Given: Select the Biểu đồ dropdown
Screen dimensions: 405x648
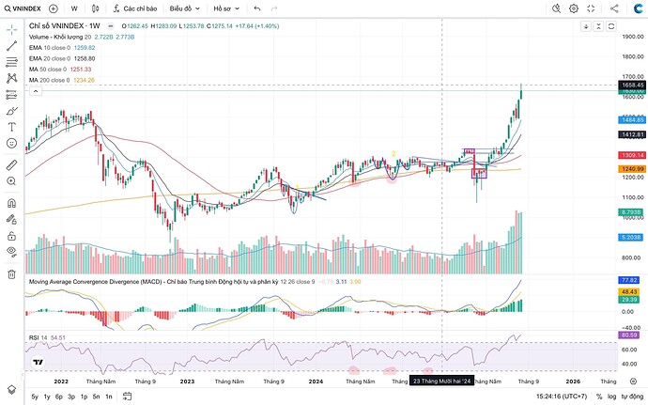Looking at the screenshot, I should pos(184,8).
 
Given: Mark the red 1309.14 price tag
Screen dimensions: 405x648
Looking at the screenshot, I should pos(630,154).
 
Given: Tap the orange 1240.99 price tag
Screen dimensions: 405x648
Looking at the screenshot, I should pos(630,168).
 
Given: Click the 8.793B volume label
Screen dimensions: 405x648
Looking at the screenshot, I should pos(630,212).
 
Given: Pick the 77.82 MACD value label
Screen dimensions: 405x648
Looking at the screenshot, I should pos(630,280).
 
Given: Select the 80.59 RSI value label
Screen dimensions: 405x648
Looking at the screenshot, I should pos(630,335).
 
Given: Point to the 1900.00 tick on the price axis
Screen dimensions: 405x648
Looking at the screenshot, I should pos(630,37).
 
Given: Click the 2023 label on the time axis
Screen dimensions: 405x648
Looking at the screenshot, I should pos(187,382).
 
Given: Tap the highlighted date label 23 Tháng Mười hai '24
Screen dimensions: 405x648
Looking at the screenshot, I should pos(440,382).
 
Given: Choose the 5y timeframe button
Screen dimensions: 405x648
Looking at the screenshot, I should pos(36,397).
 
